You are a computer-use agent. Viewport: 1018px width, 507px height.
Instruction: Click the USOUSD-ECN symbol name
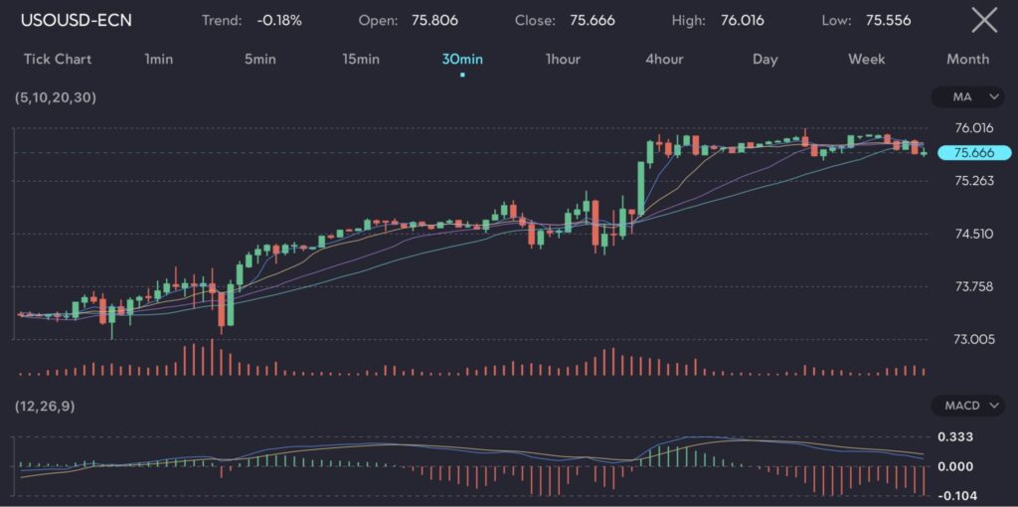[77, 20]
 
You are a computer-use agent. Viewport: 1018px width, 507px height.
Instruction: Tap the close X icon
[983, 20]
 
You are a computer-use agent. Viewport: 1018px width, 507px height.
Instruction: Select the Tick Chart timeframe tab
[58, 59]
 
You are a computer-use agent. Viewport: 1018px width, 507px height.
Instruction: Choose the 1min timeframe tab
[158, 59]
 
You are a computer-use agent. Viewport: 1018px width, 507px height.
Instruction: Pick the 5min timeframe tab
[259, 59]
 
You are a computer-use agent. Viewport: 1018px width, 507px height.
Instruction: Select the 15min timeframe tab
[361, 59]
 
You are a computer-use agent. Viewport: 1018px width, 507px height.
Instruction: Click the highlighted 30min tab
[462, 59]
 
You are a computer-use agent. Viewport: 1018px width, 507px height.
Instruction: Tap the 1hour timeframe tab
[563, 59]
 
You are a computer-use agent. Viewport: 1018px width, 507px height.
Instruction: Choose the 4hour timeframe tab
[664, 59]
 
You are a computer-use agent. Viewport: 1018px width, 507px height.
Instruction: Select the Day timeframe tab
[765, 59]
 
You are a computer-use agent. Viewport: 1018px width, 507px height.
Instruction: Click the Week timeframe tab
[866, 59]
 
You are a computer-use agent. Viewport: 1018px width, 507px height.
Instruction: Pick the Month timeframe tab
[967, 59]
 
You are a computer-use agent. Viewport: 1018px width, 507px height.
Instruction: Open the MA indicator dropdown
[968, 96]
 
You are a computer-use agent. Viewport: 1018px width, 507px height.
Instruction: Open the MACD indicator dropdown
[968, 406]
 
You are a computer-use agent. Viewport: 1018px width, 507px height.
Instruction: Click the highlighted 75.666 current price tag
[974, 152]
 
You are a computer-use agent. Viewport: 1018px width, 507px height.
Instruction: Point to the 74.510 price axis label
[973, 234]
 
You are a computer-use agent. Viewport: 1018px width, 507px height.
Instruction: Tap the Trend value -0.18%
[279, 20]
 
